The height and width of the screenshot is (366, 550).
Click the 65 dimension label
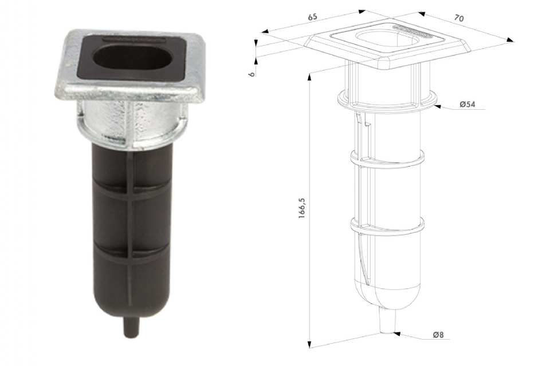coord(312,17)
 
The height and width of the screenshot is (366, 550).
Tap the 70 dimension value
coord(459,18)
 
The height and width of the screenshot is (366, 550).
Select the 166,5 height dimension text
coord(302,208)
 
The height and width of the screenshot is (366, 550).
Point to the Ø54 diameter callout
coord(468,104)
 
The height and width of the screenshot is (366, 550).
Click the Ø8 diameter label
coord(438,335)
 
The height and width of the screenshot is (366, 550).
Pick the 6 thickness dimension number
coord(252,74)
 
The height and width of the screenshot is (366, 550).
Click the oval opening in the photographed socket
coord(133,58)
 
